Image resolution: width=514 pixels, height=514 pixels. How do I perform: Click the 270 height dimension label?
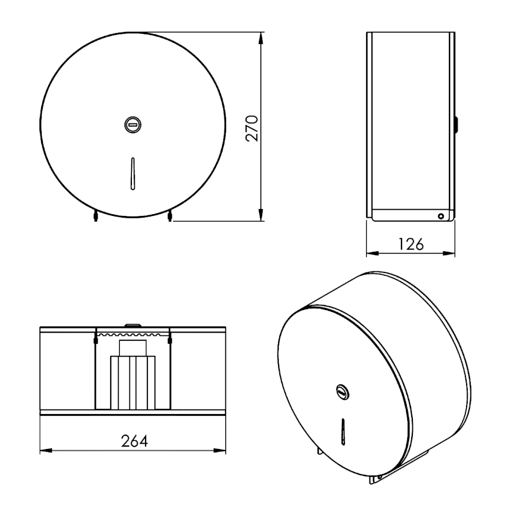(252, 128)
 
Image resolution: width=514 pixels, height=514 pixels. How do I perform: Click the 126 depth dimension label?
(411, 244)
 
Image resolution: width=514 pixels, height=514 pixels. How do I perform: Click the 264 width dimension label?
(134, 441)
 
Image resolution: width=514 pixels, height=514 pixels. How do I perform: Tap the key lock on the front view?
(132, 125)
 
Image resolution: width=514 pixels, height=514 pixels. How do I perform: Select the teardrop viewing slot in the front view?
(132, 174)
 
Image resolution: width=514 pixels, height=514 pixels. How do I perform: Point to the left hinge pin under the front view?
(96, 216)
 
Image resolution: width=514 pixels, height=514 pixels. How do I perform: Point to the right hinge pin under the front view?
(170, 216)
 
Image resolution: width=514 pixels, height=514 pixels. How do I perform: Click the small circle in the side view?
(441, 216)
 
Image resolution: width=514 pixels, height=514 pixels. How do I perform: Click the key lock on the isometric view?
(343, 392)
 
